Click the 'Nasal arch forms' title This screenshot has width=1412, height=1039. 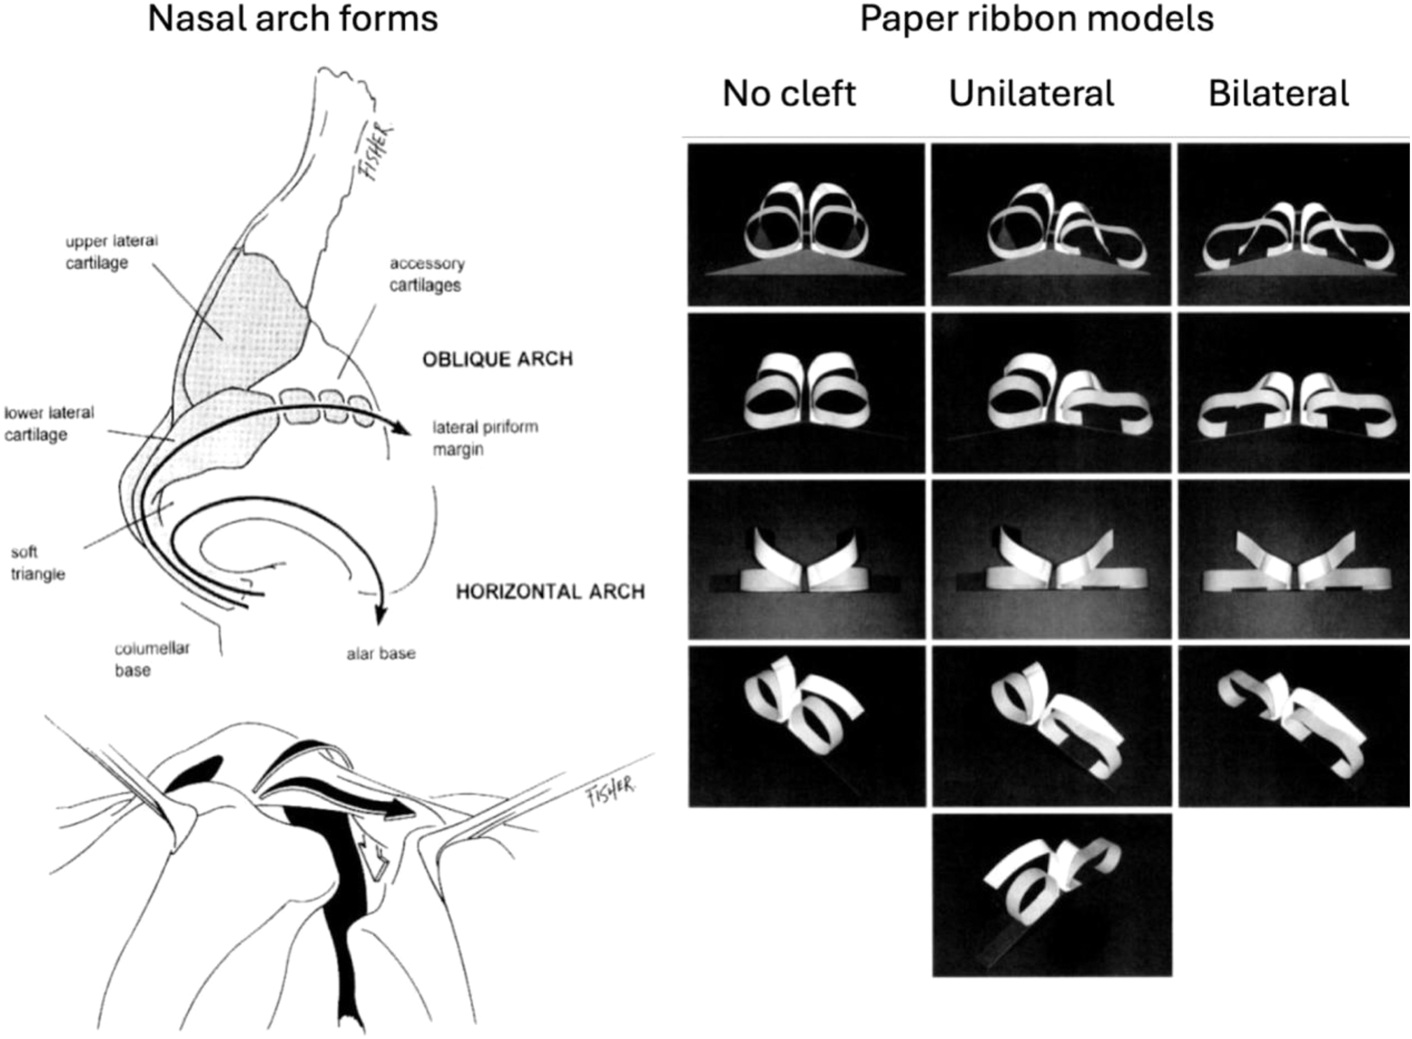[292, 19]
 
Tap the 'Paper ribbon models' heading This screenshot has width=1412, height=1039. [1036, 19]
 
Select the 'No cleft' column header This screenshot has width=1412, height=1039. [789, 94]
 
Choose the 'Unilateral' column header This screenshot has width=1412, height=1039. [1032, 94]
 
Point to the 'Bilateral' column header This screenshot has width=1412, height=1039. [1279, 94]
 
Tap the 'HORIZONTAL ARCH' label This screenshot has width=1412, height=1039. [550, 592]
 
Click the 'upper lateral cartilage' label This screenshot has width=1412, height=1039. [111, 252]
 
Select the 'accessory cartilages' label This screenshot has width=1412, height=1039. [427, 274]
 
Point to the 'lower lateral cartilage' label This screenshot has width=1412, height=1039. [49, 423]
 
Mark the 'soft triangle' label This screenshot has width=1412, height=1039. [38, 563]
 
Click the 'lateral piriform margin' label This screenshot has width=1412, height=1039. [484, 438]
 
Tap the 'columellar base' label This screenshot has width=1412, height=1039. [152, 659]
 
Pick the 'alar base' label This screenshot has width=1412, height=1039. [381, 654]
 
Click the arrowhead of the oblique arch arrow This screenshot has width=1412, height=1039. [403, 430]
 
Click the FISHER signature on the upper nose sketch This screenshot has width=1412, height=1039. [378, 151]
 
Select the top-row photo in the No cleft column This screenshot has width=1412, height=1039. [806, 224]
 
